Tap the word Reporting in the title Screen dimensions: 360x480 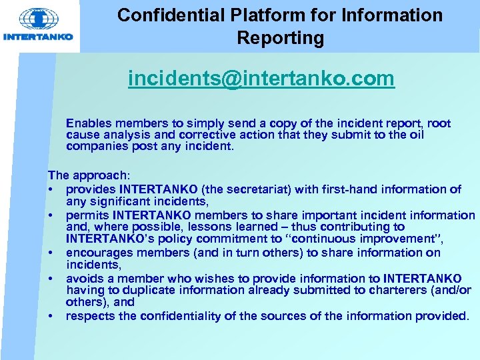280,38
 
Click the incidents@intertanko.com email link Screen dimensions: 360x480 261,79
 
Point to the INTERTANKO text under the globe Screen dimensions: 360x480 38,37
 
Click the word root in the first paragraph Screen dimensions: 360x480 438,123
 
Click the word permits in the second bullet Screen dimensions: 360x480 87,215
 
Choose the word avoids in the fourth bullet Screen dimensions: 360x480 85,278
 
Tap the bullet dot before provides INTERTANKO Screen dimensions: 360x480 51,190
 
